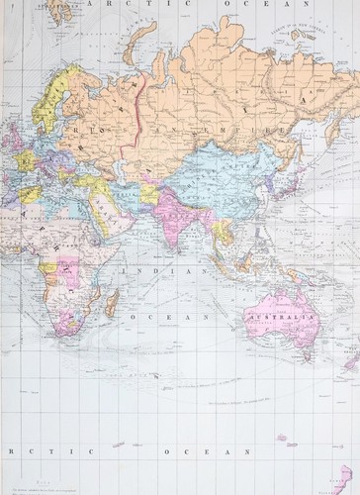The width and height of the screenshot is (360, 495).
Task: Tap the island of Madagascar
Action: point(112,300)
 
